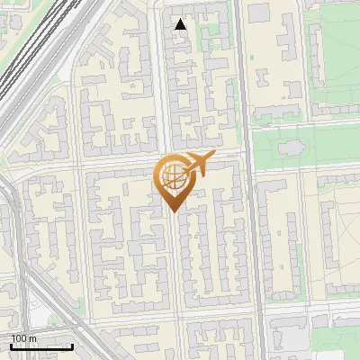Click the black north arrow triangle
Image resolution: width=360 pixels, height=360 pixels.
click(x=181, y=24)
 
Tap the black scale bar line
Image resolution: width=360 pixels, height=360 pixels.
click(x=40, y=346)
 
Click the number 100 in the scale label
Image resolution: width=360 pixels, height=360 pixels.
click(x=18, y=338)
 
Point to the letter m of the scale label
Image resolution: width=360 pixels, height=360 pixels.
click(x=33, y=338)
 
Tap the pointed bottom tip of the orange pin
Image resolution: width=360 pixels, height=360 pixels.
click(x=173, y=211)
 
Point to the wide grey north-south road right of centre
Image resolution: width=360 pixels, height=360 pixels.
click(x=255, y=225)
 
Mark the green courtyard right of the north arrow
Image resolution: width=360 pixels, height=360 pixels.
click(x=212, y=36)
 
